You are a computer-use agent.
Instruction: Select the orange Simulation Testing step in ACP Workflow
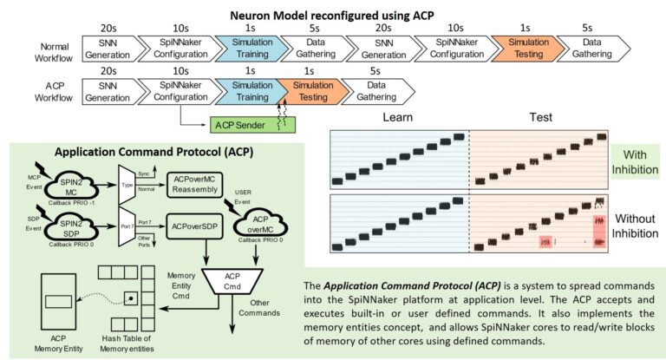click(x=307, y=91)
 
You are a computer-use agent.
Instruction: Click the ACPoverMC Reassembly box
click(x=197, y=183)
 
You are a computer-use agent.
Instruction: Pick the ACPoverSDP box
click(x=195, y=226)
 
